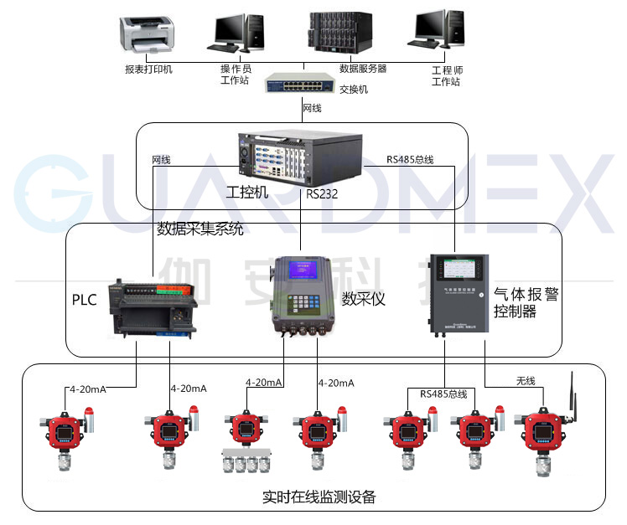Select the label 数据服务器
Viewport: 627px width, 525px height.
pos(363,69)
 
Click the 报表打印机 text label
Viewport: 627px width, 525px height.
pos(148,69)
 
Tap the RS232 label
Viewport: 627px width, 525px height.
pos(323,194)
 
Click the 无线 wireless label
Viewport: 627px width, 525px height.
pos(525,381)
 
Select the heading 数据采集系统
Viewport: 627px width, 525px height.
pos(200,228)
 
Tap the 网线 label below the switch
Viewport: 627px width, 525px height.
pos(311,108)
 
